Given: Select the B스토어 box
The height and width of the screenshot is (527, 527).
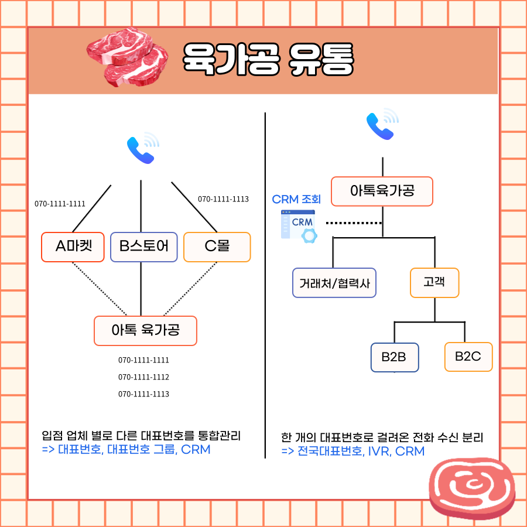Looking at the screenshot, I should point(143,247).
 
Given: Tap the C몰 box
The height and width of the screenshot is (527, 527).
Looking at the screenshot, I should point(217,247).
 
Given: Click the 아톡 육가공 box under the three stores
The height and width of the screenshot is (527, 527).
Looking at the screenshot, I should point(145,331).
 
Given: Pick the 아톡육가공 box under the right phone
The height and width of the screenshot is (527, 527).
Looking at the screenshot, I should point(382,191).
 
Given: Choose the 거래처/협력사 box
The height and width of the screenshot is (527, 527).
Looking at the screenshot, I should point(334,283).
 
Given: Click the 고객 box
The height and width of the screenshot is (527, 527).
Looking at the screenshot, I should point(434,283).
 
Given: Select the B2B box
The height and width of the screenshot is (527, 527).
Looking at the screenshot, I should point(394,357).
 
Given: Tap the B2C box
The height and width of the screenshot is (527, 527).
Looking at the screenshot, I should point(468,357).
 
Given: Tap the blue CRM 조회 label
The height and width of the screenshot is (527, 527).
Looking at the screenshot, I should point(296,200).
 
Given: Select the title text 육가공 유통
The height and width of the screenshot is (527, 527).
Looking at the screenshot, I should point(268,60).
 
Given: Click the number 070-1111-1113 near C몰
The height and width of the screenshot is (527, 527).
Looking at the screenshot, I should point(223,199).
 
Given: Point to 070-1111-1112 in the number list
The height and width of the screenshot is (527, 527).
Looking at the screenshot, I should point(143,377).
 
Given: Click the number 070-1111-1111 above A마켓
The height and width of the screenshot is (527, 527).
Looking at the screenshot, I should point(60,204).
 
